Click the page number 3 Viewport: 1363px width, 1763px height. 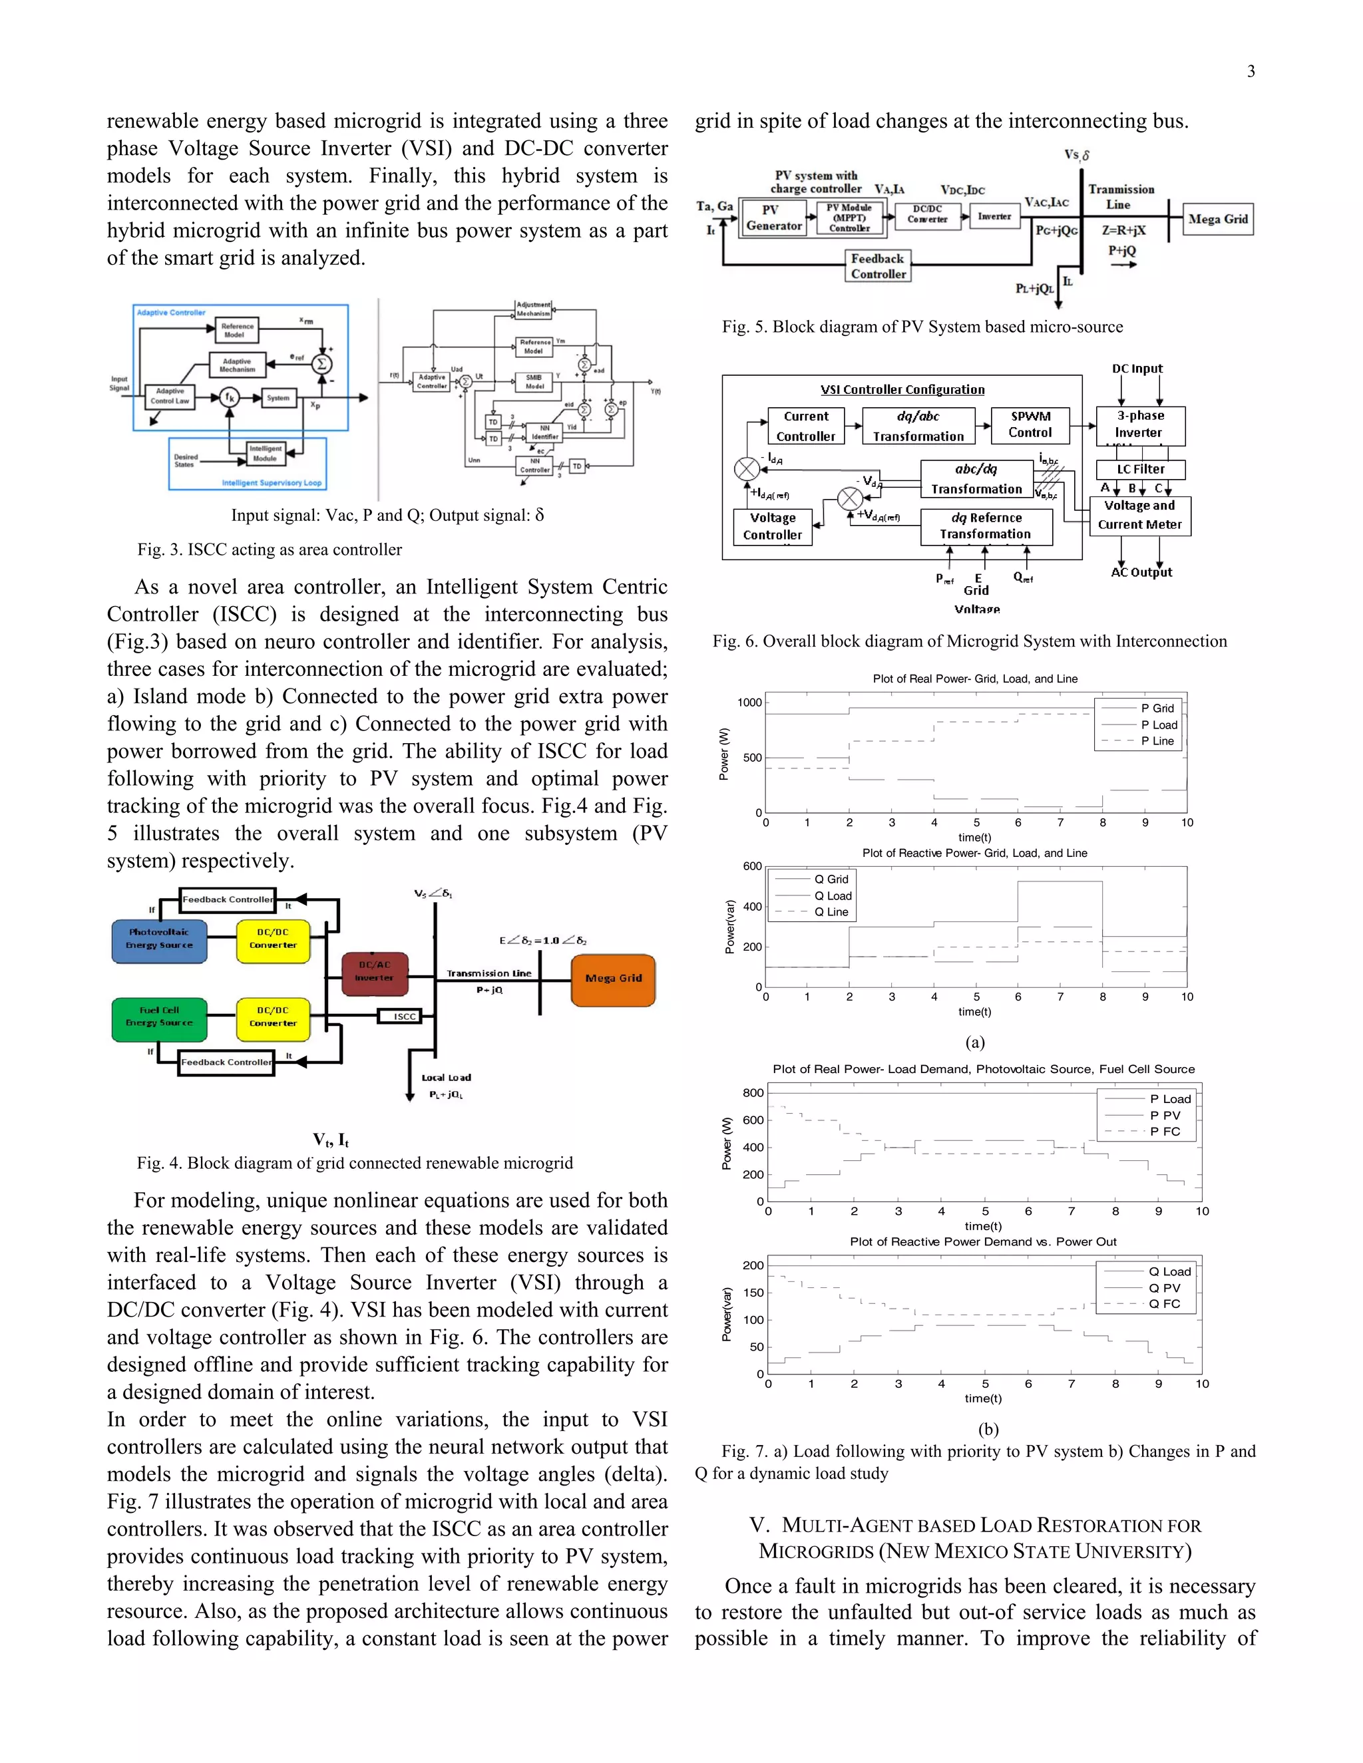coord(1251,72)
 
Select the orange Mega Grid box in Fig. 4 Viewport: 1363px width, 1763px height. coord(613,979)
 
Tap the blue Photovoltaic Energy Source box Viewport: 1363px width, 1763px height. coord(159,939)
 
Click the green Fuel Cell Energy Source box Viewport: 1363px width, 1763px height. coord(159,1017)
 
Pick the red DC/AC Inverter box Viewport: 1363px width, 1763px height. coord(374,972)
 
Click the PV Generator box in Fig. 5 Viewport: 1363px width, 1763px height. coord(773,218)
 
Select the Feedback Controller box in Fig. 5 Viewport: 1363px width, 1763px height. coord(878,266)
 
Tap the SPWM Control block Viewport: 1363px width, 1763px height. coord(1030,424)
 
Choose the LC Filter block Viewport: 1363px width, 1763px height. coord(1140,469)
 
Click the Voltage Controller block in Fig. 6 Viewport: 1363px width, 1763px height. coord(772,526)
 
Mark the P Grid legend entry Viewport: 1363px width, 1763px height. coord(1156,708)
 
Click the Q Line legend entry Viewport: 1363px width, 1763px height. coord(830,912)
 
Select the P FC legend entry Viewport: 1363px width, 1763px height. coord(1163,1132)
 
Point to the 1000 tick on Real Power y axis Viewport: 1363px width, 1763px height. coord(749,703)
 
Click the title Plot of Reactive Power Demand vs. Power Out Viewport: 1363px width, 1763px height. coord(983,1242)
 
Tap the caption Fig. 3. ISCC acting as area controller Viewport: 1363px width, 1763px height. coord(269,550)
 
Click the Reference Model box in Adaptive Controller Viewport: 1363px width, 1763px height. coord(238,330)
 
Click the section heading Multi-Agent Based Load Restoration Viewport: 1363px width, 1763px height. coord(976,1537)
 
